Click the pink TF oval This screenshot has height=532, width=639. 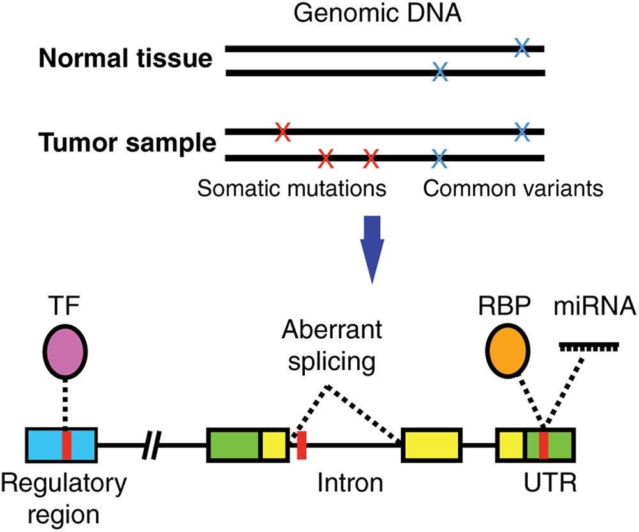[x=65, y=352]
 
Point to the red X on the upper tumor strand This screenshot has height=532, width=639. [x=282, y=132]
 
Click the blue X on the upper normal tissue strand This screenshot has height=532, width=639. [x=522, y=47]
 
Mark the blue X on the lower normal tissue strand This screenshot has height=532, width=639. [x=439, y=72]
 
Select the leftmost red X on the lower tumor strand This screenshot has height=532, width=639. [x=326, y=157]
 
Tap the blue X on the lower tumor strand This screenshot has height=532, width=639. [x=439, y=157]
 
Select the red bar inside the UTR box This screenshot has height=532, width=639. [x=543, y=445]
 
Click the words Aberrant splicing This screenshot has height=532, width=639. [x=332, y=346]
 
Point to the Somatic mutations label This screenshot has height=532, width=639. [x=291, y=189]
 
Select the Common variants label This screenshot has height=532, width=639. [x=513, y=189]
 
